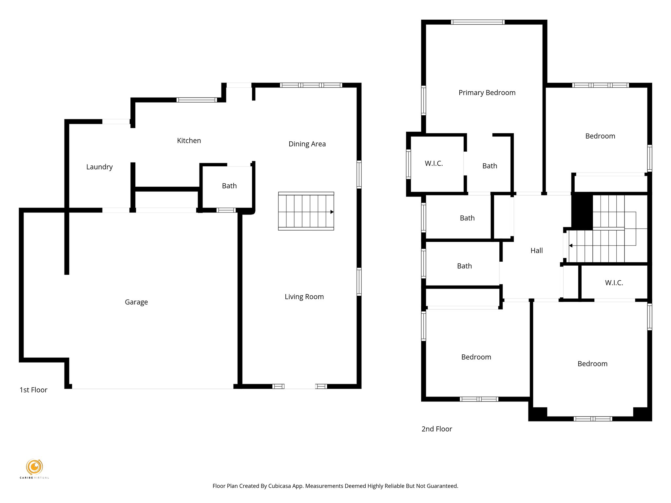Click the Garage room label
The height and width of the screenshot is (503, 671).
pos(136,302)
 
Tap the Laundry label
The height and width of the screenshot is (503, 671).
pos(99,167)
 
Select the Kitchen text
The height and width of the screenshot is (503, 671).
pos(189,140)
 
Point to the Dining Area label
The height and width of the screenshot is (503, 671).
pos(307,144)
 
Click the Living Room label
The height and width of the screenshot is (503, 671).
pos(304,297)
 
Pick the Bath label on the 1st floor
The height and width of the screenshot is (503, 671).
pos(229,186)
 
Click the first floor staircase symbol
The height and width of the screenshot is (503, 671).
pos(306,211)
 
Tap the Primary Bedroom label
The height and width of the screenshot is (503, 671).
pos(487,93)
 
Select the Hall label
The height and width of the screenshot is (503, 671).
pos(536,251)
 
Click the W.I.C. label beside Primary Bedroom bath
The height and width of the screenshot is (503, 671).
pos(433,163)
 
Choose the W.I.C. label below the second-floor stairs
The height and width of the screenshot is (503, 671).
pos(614,283)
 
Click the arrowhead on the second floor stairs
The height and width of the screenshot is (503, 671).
pos(570,246)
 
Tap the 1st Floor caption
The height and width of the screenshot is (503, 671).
pos(33,390)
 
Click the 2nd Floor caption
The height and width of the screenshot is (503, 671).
pos(436,429)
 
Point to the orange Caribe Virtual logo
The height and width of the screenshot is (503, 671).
pos(34,467)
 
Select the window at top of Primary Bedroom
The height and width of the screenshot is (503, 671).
pos(477,22)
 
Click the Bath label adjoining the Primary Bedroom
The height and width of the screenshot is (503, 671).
pos(489,166)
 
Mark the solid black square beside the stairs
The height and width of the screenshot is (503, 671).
pos(582,211)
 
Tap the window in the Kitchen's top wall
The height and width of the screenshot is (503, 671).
pos(197,100)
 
